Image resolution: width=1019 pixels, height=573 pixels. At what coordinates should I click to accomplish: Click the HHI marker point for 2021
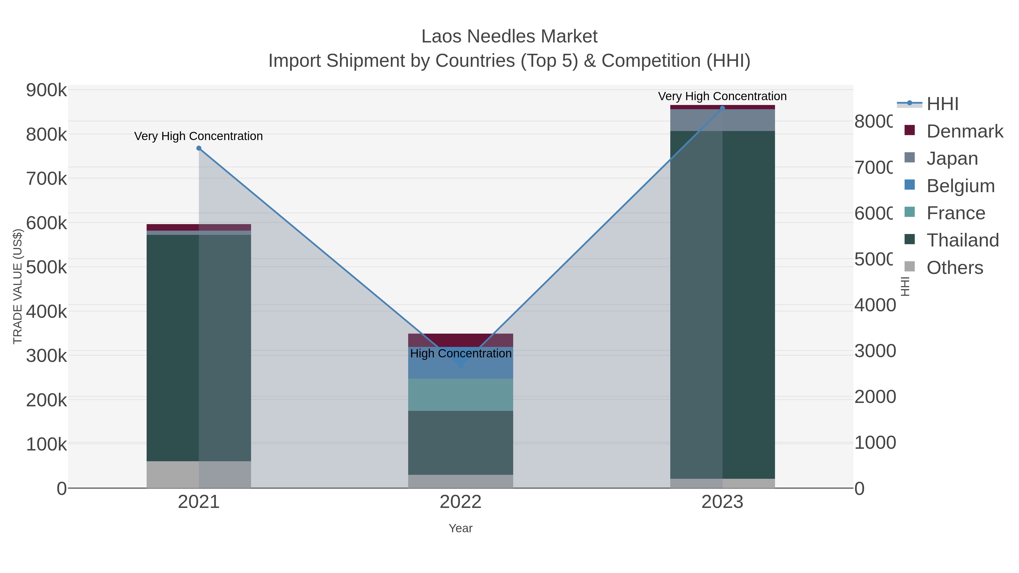199,148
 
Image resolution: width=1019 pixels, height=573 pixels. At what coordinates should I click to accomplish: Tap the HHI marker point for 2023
722,108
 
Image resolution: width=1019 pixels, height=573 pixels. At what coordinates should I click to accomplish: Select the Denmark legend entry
964,131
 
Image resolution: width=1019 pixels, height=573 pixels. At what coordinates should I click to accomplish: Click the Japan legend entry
952,158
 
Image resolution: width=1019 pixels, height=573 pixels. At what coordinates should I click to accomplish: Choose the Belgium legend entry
960,186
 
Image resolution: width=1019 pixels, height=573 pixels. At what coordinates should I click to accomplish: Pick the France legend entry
955,213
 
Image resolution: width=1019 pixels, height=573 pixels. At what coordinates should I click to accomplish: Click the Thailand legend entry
962,241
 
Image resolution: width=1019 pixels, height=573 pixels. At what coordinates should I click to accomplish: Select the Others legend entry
954,268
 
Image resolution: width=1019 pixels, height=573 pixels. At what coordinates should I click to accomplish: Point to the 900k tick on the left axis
46,90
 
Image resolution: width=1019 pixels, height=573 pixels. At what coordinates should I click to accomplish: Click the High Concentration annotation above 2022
461,353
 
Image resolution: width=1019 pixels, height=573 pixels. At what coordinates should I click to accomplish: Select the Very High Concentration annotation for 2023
722,96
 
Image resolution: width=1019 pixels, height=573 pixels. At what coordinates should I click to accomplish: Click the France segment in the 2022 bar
461,395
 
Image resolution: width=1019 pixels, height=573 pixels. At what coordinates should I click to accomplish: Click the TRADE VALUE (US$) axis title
18,286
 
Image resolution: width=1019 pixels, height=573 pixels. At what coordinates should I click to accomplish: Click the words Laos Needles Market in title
509,37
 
